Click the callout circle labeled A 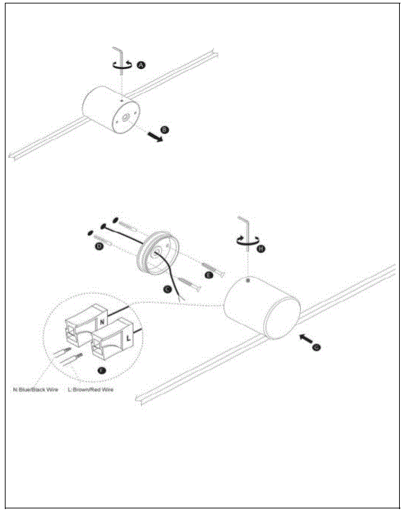pos(141,64)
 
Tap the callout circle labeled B pos(164,129)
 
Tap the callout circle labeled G pos(316,348)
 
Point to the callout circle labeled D pos(99,246)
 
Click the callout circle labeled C pos(167,290)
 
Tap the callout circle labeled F pos(102,371)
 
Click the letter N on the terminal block pos(102,322)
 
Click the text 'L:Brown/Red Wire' pos(91,390)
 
